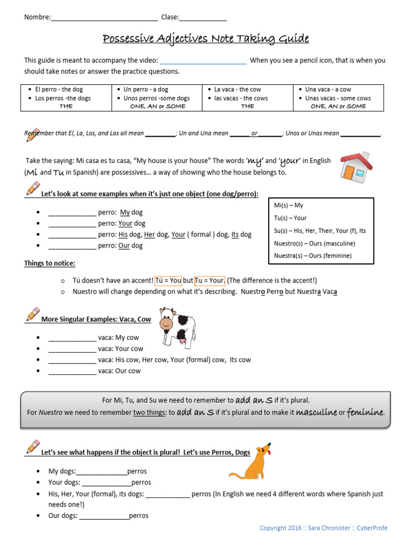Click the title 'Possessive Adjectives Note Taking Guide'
point(205,39)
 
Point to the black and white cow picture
point(177,328)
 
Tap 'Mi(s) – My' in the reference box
point(289,205)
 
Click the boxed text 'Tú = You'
point(168,280)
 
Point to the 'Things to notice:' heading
point(50,263)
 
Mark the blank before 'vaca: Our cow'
point(72,372)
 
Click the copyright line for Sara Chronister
point(323,528)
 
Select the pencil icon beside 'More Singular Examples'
point(32,314)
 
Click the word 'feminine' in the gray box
point(365,412)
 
